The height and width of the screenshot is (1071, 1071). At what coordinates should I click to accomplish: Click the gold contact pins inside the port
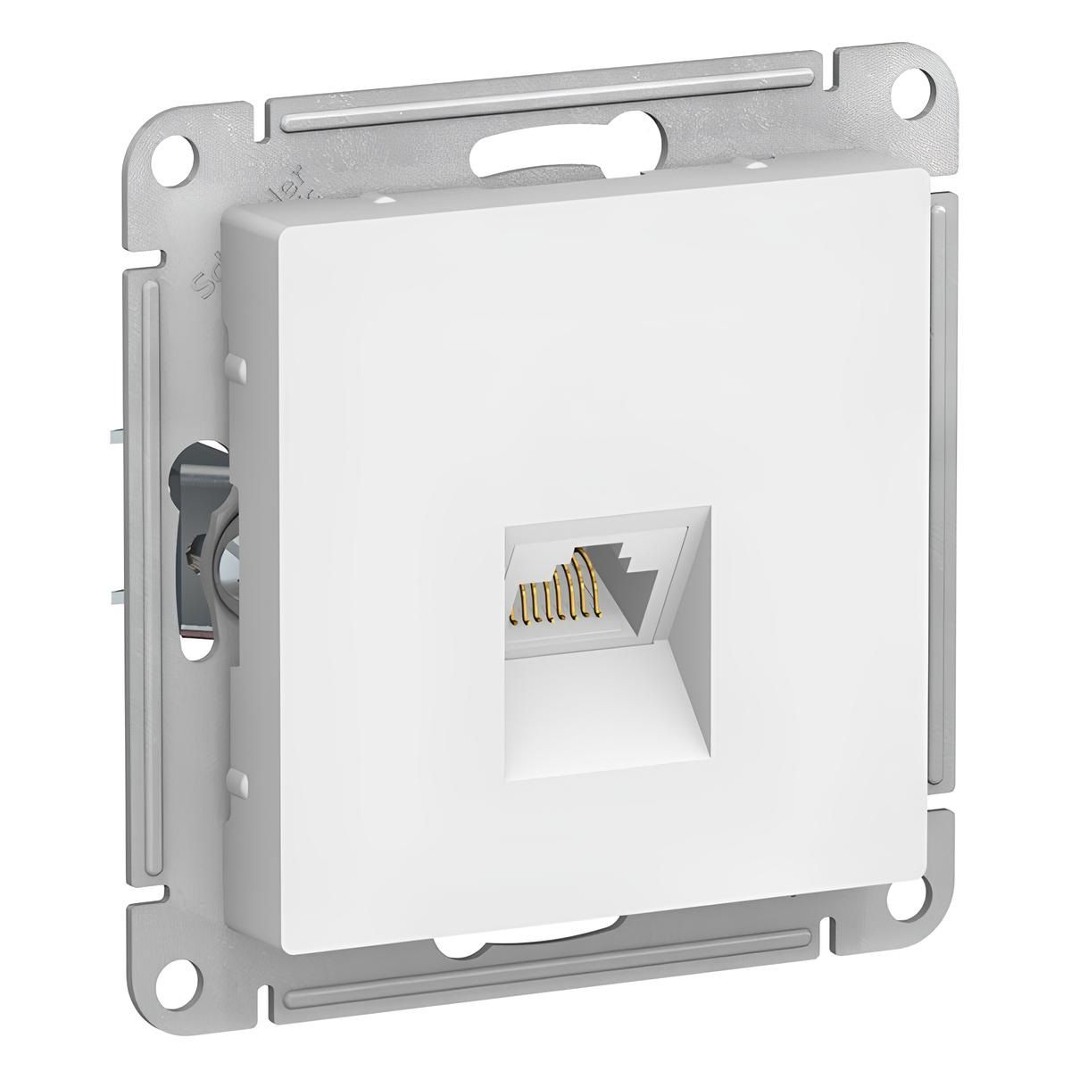[x=560, y=594]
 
